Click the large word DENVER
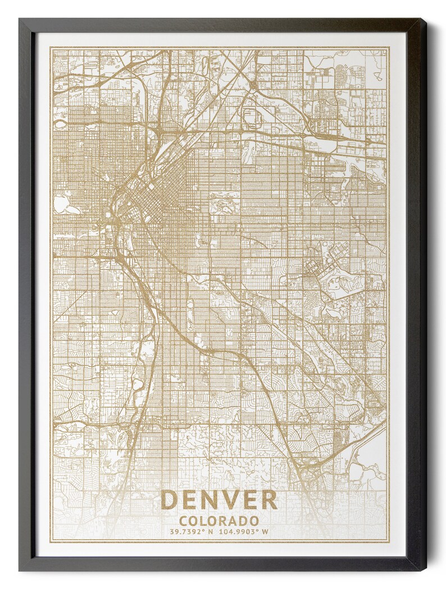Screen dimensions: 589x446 [x=219, y=500]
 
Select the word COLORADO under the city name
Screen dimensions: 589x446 [x=219, y=521]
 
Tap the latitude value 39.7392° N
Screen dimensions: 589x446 [x=192, y=532]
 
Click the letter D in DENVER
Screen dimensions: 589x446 [x=170, y=500]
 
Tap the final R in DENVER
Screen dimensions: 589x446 [x=269, y=500]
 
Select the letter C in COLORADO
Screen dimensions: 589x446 [x=184, y=521]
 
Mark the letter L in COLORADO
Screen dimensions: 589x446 [x=203, y=521]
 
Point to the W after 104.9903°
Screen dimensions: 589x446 [x=265, y=532]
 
